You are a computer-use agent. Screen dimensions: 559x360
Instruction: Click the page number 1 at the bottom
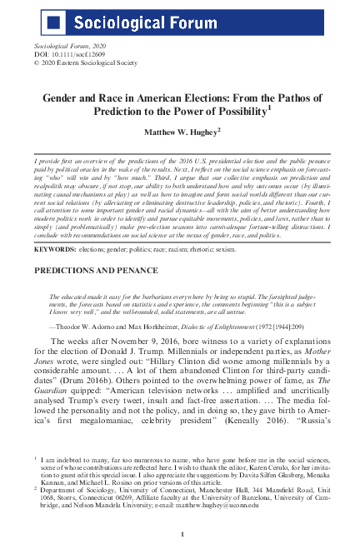180,532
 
